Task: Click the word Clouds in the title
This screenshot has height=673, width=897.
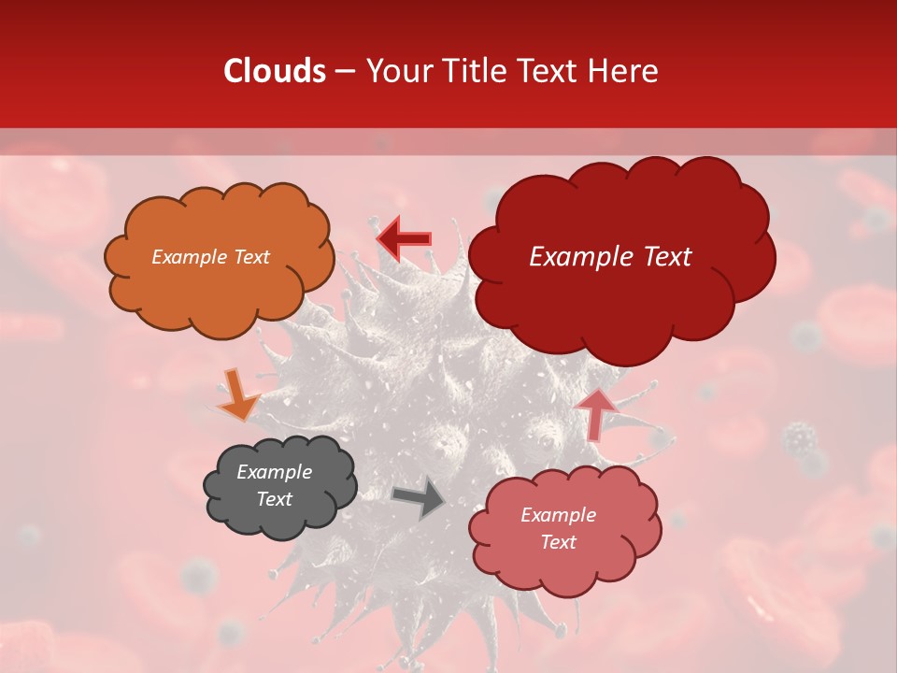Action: [275, 71]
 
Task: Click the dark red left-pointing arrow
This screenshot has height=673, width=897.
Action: [404, 238]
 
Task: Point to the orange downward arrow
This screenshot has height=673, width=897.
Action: [238, 395]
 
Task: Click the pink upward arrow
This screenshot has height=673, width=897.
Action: [596, 414]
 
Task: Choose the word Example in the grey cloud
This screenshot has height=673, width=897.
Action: [274, 472]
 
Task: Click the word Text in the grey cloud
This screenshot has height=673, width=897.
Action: [274, 499]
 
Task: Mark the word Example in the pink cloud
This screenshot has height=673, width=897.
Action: [558, 515]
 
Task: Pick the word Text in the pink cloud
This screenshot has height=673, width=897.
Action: [558, 542]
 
